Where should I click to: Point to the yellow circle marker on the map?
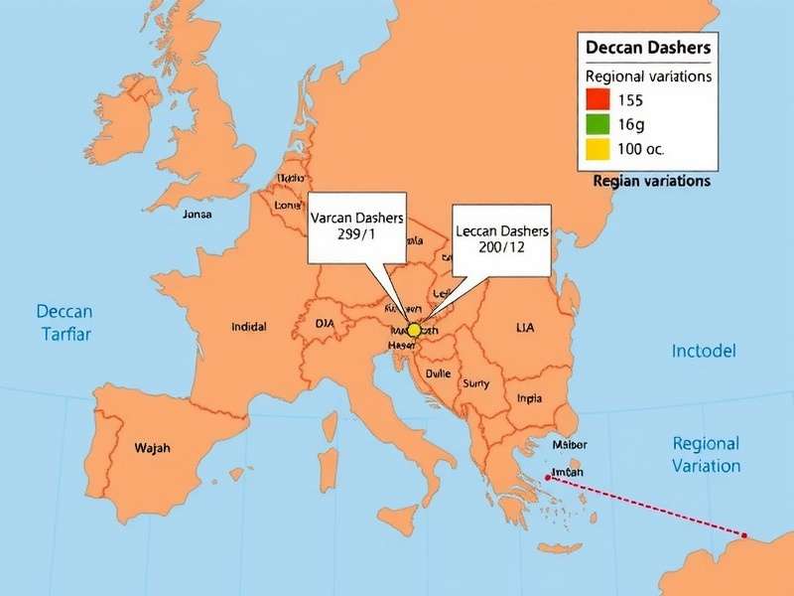tap(415, 330)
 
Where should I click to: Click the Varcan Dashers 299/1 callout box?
tap(356, 227)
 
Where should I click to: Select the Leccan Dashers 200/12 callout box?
tap(501, 239)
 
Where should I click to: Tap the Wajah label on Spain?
tap(152, 448)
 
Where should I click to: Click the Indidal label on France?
tap(248, 326)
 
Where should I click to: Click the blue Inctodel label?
tap(704, 352)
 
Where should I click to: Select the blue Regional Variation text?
tap(706, 454)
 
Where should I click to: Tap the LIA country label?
tap(526, 326)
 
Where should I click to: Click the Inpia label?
tap(530, 398)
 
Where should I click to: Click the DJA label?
tap(326, 323)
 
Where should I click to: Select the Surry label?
tap(475, 383)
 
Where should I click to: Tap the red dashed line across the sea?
tap(645, 508)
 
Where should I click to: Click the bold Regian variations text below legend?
tap(651, 182)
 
